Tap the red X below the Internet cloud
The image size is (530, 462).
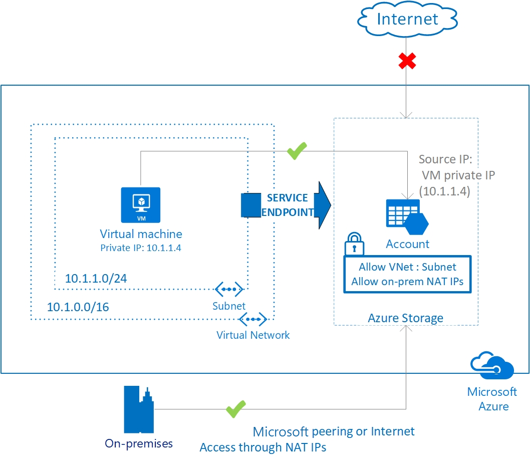point(407,62)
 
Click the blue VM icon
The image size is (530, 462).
point(140,204)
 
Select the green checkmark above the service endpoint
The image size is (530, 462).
point(297,151)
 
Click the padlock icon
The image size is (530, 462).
point(354,244)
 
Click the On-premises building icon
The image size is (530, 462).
point(139,409)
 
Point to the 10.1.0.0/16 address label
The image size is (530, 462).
point(78,307)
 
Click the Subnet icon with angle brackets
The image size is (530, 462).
point(229,289)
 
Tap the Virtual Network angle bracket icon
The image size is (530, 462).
point(253,319)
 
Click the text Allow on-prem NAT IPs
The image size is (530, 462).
point(407,281)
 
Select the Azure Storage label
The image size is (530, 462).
point(405,318)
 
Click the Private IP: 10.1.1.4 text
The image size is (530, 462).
point(140,248)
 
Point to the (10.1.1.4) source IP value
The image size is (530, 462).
point(444,191)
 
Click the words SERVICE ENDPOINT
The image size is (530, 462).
point(287,205)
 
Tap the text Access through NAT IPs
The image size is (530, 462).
point(263,447)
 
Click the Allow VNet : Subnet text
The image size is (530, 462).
point(407,267)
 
